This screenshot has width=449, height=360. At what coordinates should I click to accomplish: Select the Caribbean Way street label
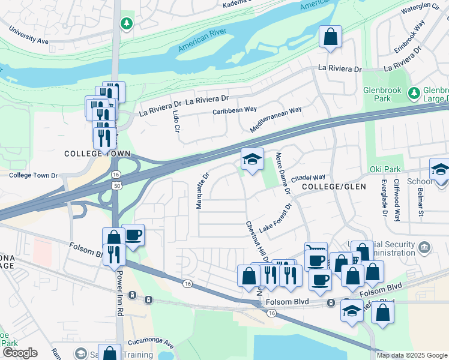(234, 111)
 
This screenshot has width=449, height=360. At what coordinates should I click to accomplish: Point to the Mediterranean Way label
(276, 120)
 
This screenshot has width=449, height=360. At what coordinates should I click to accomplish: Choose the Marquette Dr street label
(202, 191)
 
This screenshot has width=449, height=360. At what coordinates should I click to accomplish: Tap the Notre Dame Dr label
(282, 173)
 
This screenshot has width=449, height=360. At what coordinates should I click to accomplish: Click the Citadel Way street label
(308, 178)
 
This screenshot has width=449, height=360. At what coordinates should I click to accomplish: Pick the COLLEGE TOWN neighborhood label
(97, 154)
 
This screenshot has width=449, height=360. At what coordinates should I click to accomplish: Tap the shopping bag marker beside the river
(330, 37)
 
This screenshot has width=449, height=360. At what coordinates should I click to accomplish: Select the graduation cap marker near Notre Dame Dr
(252, 158)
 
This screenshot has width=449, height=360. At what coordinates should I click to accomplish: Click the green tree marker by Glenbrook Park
(413, 93)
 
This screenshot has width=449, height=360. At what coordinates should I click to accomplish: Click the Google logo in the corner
(19, 353)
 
